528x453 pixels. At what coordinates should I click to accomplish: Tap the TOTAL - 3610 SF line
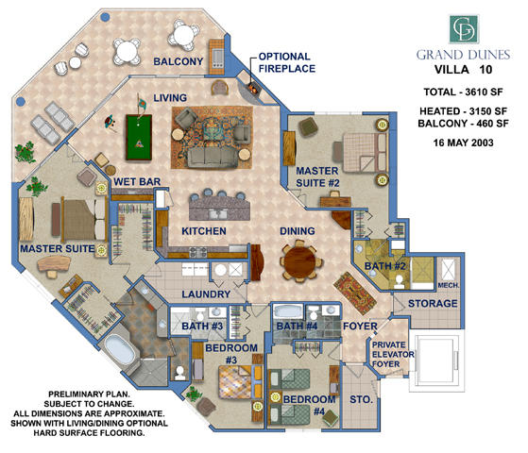[x=463, y=92]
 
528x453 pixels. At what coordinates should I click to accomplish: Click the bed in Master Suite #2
[x=358, y=150]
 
